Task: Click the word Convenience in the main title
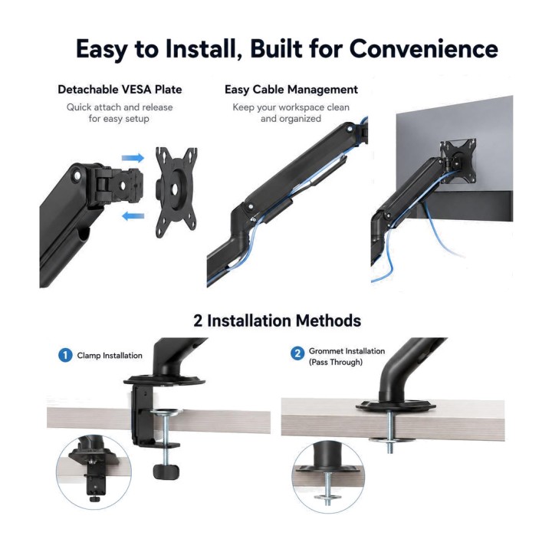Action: (x=423, y=48)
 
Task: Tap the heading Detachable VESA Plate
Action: (x=120, y=90)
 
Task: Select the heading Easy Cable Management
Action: (x=291, y=90)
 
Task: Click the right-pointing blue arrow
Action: (x=133, y=158)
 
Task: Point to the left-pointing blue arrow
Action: (x=133, y=215)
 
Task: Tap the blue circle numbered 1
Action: (x=65, y=355)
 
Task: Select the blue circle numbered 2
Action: (x=297, y=353)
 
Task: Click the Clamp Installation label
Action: (x=110, y=356)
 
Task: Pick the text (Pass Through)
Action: (x=336, y=362)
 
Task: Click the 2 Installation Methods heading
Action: (x=277, y=320)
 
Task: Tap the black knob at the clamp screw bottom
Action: (x=166, y=471)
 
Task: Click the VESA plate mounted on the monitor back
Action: (x=458, y=160)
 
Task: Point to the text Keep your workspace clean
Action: (x=291, y=107)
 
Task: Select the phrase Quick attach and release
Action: (x=120, y=107)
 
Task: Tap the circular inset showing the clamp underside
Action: (x=94, y=472)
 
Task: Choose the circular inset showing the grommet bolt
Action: (x=328, y=478)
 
